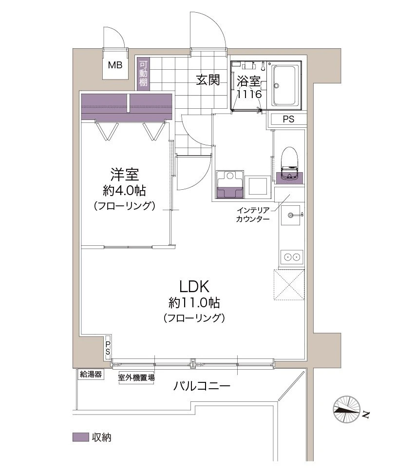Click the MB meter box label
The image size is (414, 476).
click(115, 64)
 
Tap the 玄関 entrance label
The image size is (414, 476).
click(208, 79)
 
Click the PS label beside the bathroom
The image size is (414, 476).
click(288, 119)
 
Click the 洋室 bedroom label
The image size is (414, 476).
click(125, 174)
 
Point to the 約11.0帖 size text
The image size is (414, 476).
click(194, 303)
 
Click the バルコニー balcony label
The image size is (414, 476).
click(202, 387)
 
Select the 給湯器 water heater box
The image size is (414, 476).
click(91, 375)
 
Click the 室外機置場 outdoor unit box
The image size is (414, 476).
click(136, 377)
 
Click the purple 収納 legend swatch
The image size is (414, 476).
click(80, 437)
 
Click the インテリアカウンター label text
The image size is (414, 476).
click(253, 215)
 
